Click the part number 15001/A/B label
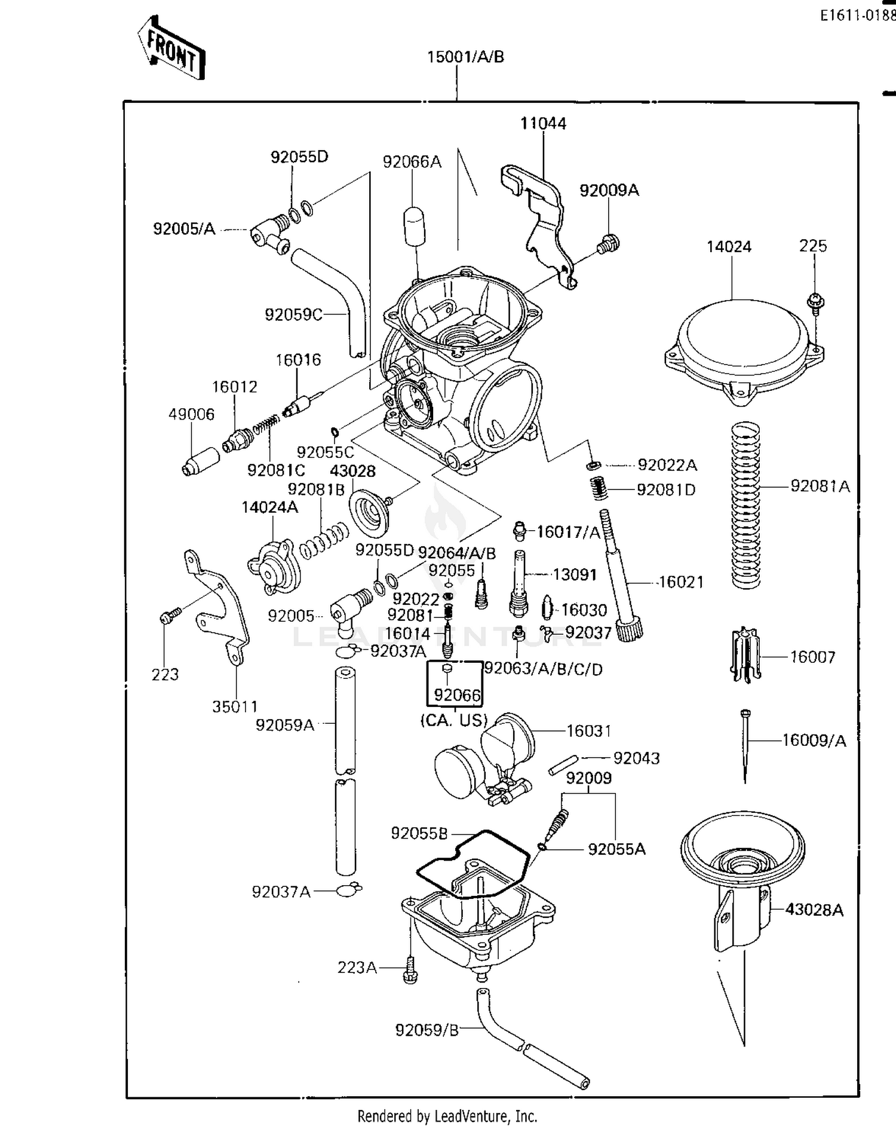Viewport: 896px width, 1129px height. pyautogui.click(x=465, y=57)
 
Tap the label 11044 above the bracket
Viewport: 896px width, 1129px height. pyautogui.click(x=543, y=124)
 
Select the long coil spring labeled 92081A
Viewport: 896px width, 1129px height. pyautogui.click(x=745, y=505)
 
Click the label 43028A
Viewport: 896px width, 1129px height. pyautogui.click(x=814, y=910)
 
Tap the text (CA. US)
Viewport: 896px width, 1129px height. pyautogui.click(x=455, y=721)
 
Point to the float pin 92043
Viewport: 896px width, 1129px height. pyautogui.click(x=563, y=766)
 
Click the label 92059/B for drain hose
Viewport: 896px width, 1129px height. pyautogui.click(x=427, y=1030)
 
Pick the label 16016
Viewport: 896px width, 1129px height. pyautogui.click(x=298, y=360)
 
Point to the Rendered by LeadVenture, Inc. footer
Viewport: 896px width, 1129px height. pyautogui.click(x=447, y=1116)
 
